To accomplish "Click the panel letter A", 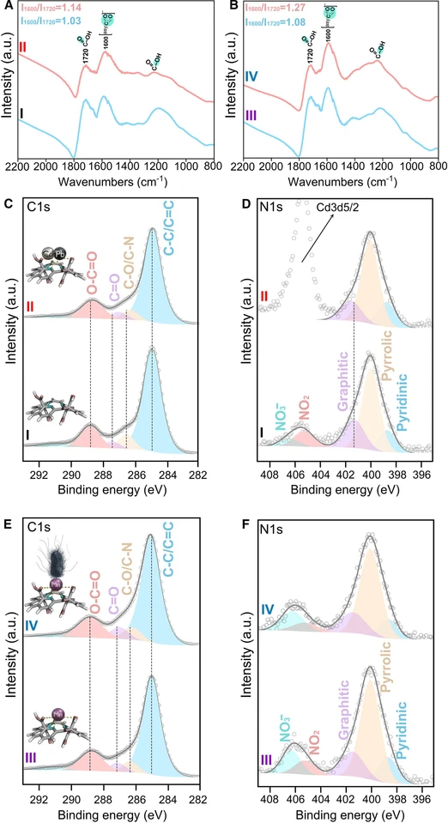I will (7, 5).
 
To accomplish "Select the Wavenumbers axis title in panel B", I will (340, 184).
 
